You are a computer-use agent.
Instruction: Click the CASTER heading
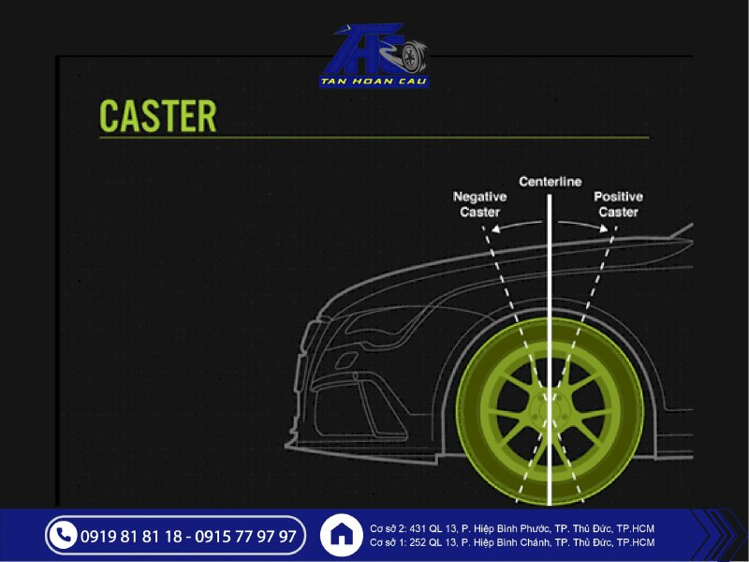coord(157,115)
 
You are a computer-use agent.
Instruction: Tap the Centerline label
coord(551,181)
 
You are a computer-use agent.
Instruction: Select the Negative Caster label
coord(480,204)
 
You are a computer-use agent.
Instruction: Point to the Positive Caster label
coord(618,204)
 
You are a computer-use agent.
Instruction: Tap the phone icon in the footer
coord(63,536)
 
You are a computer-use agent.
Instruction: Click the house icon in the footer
coord(342,536)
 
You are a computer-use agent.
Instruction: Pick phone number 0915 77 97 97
coord(246,537)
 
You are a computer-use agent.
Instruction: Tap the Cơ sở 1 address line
coord(512,543)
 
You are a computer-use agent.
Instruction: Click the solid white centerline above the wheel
coord(551,262)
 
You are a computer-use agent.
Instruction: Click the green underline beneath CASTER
coord(374,138)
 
